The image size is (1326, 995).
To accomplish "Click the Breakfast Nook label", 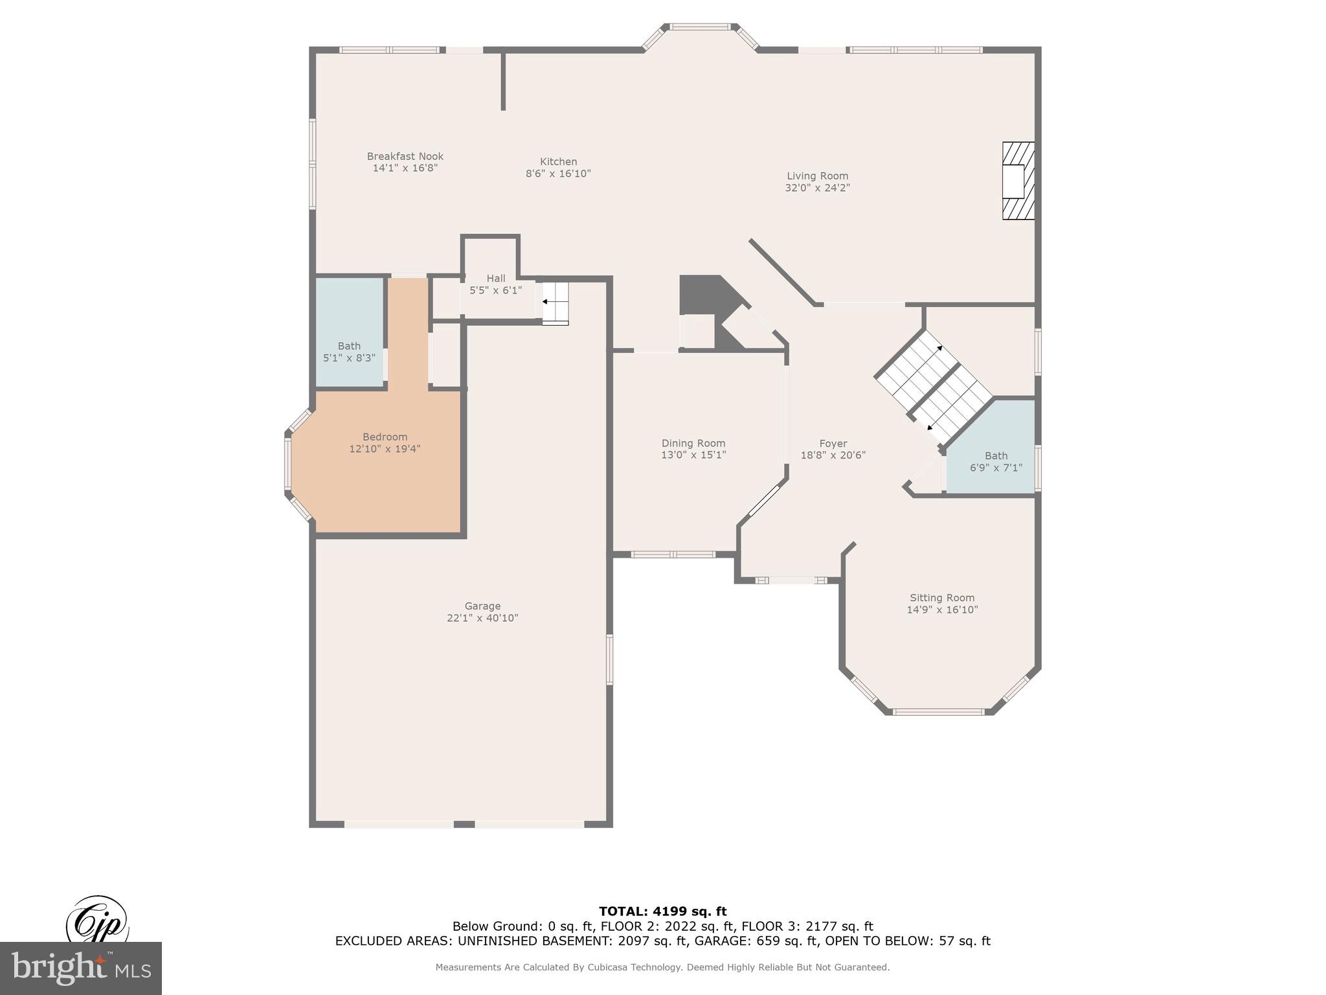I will click(405, 156).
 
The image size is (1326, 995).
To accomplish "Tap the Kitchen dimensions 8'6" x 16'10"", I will click(558, 174).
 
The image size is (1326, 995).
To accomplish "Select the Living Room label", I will click(817, 176).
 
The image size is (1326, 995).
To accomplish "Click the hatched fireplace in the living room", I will click(1018, 181).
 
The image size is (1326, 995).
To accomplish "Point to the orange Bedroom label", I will click(385, 437).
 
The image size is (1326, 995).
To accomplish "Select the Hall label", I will click(495, 279).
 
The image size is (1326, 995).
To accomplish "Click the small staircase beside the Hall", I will click(555, 303).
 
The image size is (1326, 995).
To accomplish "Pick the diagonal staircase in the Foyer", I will click(933, 386).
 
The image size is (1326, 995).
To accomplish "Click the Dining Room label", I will click(693, 443).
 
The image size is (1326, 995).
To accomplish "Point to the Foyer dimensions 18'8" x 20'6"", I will click(833, 455).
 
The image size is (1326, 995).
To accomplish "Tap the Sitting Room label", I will click(941, 598).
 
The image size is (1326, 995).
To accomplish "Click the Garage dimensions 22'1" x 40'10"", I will click(482, 618).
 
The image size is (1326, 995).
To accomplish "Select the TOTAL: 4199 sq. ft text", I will click(662, 911).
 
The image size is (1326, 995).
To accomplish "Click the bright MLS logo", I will click(80, 968).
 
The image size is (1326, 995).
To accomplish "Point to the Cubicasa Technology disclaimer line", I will click(662, 967).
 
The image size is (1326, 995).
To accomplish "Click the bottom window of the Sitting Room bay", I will click(938, 712).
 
